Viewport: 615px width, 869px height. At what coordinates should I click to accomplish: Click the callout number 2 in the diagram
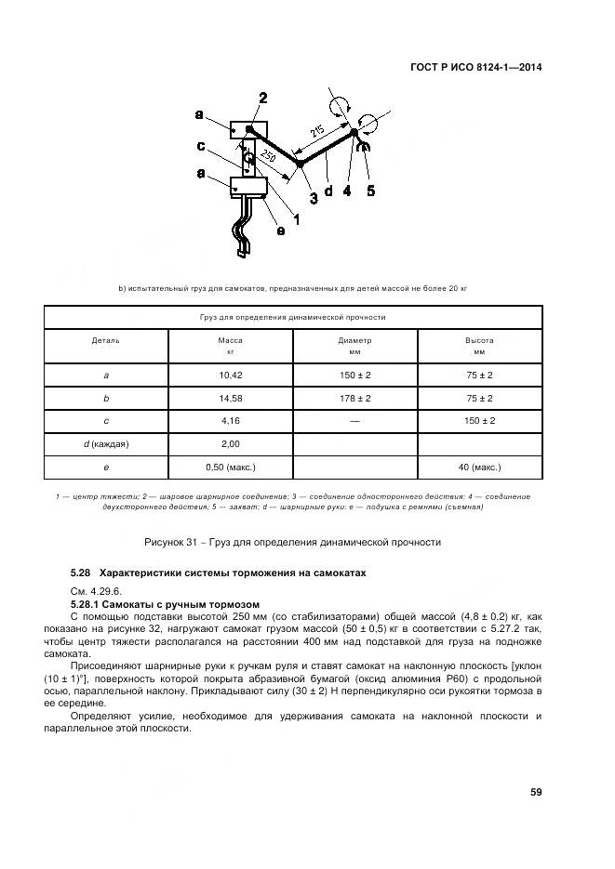tap(263, 99)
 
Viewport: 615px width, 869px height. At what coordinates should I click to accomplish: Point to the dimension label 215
tap(318, 133)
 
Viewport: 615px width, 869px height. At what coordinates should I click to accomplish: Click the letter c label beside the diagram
tap(200, 146)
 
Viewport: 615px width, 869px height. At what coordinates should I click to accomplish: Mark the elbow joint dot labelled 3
tap(300, 165)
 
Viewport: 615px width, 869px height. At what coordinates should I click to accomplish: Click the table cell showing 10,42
tap(230, 375)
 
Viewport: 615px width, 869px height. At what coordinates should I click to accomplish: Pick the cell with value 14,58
tap(230, 398)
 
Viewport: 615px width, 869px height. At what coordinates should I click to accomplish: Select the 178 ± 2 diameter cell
tap(354, 398)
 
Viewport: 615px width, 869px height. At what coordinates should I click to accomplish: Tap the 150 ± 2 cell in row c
tap(479, 421)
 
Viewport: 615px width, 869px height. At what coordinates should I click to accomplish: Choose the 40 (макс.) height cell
tap(479, 467)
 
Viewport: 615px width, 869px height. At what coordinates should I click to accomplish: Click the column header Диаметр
tap(354, 340)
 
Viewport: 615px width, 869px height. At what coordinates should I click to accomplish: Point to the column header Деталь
tap(105, 340)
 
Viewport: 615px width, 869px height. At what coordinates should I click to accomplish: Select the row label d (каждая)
tap(105, 444)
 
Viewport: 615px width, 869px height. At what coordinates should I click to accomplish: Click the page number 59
tap(536, 792)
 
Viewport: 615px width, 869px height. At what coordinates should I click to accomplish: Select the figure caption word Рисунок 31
tap(174, 542)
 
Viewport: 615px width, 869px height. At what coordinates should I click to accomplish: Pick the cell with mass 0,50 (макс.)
tap(230, 467)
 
